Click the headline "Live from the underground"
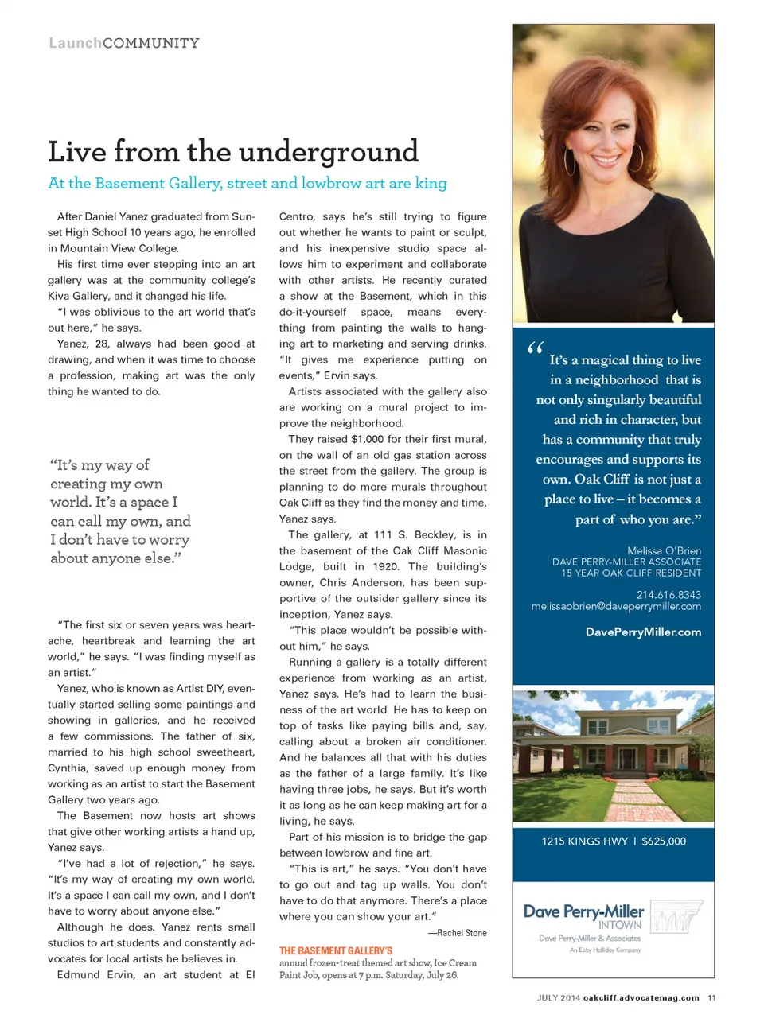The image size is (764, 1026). point(233,152)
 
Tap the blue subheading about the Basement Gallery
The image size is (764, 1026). point(248,184)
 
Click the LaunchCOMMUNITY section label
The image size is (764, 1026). point(124,43)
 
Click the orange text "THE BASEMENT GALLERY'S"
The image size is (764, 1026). point(336,950)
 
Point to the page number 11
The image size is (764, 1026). point(711,997)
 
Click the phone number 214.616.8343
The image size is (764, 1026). point(668,594)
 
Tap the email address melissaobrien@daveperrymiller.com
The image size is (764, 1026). point(616,606)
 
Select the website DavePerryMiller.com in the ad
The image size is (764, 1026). point(643,632)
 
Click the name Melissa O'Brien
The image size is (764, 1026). point(664,550)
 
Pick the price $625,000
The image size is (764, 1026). point(664,841)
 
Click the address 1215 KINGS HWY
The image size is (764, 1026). point(584,841)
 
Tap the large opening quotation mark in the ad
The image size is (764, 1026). point(535,348)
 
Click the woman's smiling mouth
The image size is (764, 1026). point(606,160)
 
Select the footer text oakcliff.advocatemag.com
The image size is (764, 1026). point(641,997)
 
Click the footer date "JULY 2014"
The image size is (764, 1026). point(558,997)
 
